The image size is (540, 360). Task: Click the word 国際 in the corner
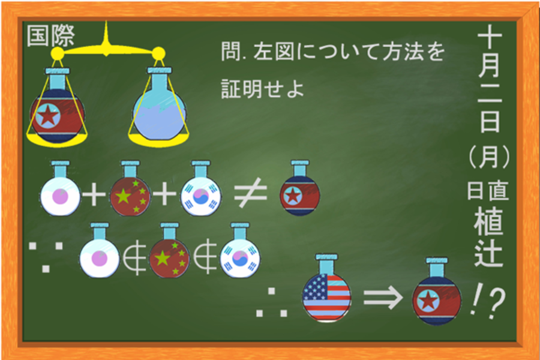50,36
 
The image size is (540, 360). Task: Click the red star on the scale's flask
48,115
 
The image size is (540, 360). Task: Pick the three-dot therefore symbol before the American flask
272,302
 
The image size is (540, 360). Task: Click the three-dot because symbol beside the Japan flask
46,257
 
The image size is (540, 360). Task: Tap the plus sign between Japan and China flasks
94,194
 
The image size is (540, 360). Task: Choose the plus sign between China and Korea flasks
164,194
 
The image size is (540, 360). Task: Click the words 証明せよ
262,89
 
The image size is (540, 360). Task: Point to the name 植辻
489,237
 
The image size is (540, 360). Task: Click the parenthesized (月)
489,156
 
